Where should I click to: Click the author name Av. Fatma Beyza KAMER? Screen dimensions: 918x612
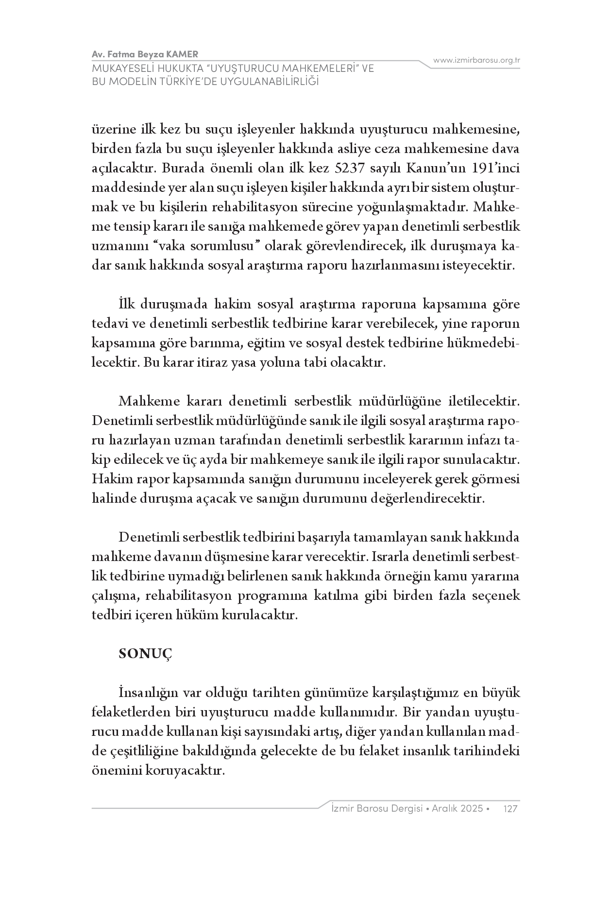click(x=145, y=54)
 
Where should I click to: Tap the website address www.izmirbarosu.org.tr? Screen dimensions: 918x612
click(x=476, y=60)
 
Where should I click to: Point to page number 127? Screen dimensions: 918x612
click(x=511, y=808)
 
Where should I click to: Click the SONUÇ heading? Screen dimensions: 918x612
click(x=146, y=654)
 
